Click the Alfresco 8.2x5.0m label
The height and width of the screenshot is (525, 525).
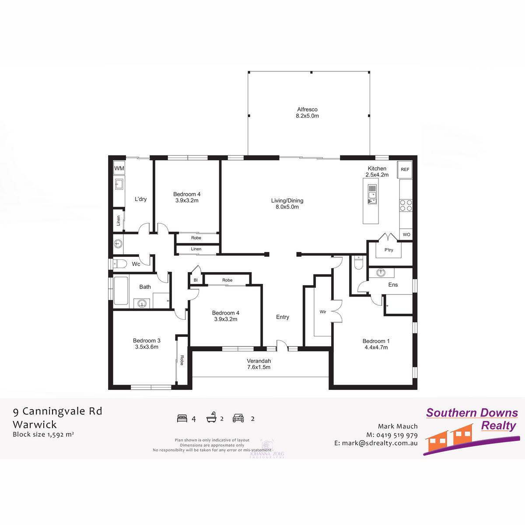(x=307, y=113)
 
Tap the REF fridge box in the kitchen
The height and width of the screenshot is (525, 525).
(x=405, y=170)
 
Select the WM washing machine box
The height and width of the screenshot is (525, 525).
(x=119, y=168)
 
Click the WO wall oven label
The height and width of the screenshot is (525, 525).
(x=406, y=234)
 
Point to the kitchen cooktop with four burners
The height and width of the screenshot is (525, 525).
(x=406, y=205)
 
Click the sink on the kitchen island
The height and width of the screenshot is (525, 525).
(x=372, y=195)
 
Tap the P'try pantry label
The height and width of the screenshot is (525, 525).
(x=388, y=250)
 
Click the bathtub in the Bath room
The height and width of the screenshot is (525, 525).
(x=121, y=290)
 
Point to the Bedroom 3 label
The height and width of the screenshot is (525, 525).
(x=147, y=343)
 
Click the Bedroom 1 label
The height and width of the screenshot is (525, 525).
(x=376, y=344)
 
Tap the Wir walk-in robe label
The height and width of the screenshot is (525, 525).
(x=323, y=312)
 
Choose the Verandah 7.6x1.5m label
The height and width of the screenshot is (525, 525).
(x=259, y=364)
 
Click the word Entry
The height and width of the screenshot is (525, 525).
(x=283, y=317)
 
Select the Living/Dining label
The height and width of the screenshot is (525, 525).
(x=287, y=203)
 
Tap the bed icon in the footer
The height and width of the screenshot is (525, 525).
(x=182, y=418)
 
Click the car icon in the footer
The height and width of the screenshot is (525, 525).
(x=238, y=418)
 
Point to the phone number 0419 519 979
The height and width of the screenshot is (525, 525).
(x=397, y=435)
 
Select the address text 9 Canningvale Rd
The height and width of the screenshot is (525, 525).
(x=57, y=411)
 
